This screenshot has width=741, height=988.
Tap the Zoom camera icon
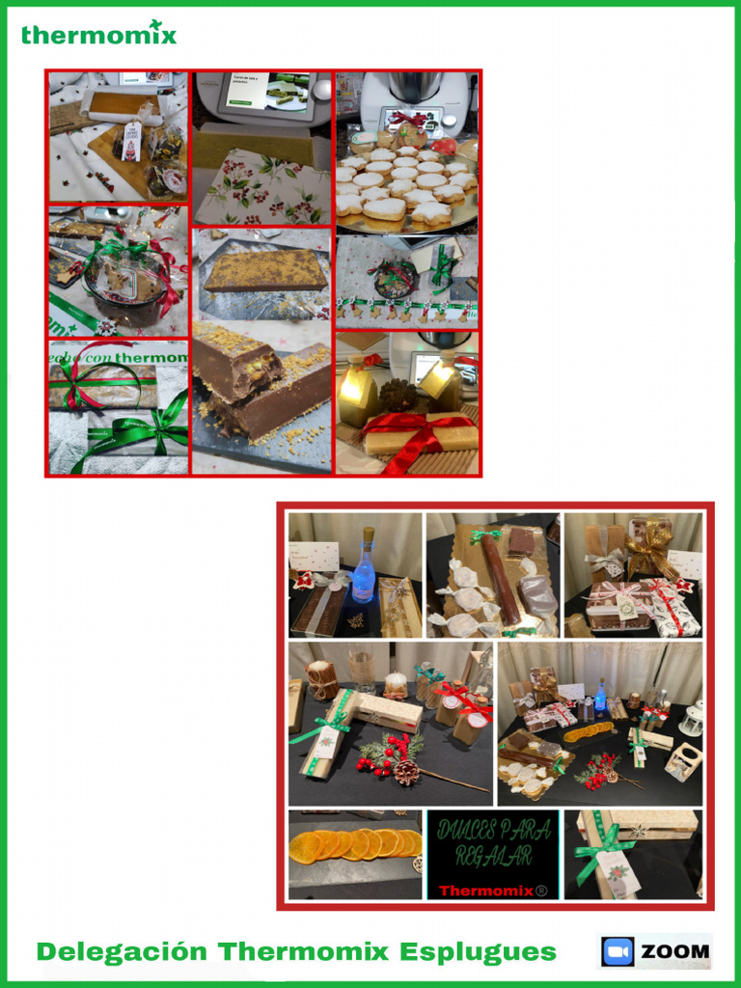(x=617, y=951)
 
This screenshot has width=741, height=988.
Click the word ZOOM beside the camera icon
(x=674, y=952)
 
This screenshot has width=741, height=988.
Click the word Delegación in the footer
(x=122, y=951)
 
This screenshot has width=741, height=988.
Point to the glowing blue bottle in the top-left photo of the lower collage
(x=364, y=569)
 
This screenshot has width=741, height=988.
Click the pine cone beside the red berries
(x=407, y=771)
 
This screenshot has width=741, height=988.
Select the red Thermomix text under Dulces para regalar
(x=492, y=890)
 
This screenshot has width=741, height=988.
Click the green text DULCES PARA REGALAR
(x=493, y=842)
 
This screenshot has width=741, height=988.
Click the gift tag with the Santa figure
(x=132, y=140)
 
